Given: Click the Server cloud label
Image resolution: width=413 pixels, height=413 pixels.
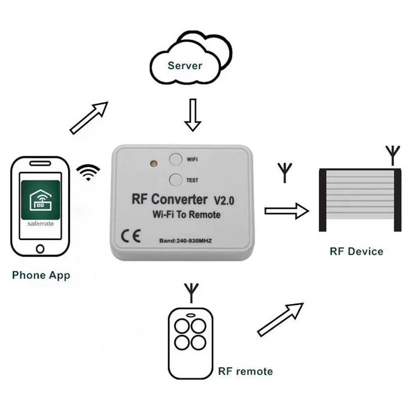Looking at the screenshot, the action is pyautogui.click(x=185, y=66).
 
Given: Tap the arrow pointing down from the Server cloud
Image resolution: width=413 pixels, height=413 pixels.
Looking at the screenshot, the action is pyautogui.click(x=193, y=115).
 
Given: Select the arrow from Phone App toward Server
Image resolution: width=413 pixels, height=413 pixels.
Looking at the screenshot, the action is pyautogui.click(x=89, y=118).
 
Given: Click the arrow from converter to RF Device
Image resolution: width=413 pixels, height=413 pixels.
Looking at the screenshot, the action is pyautogui.click(x=287, y=211).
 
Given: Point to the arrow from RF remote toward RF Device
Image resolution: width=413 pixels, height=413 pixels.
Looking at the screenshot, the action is pyautogui.click(x=280, y=320).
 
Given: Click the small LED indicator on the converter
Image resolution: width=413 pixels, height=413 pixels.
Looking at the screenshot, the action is pyautogui.click(x=154, y=164).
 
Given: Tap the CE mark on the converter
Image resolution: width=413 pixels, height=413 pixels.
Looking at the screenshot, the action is pyautogui.click(x=131, y=236).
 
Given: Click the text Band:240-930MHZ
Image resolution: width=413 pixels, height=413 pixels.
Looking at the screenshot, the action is pyautogui.click(x=185, y=241).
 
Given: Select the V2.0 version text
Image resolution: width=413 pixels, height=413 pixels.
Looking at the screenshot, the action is pyautogui.click(x=224, y=201).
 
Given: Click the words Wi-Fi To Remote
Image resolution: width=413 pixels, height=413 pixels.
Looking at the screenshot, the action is pyautogui.click(x=187, y=215).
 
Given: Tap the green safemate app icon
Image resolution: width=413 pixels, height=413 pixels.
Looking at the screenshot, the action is pyautogui.click(x=40, y=200).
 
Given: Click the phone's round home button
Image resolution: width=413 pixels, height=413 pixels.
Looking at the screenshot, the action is pyautogui.click(x=40, y=249).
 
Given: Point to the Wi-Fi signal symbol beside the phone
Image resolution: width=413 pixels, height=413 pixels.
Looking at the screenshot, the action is pyautogui.click(x=88, y=172).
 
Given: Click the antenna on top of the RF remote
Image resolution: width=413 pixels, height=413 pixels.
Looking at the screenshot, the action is pyautogui.click(x=192, y=293).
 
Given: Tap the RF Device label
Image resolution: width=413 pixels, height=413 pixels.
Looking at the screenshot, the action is pyautogui.click(x=356, y=252).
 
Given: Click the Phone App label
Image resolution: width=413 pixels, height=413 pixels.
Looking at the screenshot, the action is pyautogui.click(x=41, y=275).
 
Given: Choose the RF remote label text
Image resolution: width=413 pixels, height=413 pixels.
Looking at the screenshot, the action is pyautogui.click(x=245, y=371).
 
